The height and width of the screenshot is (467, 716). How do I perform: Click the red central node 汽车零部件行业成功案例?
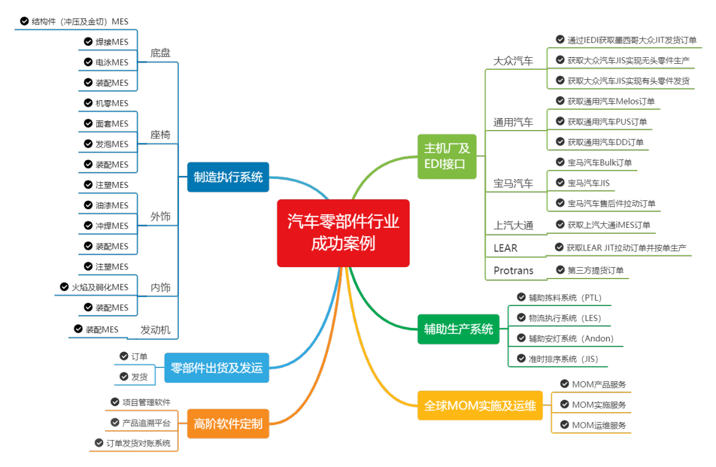click(x=343, y=233)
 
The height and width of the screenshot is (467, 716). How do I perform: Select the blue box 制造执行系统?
click(x=228, y=177)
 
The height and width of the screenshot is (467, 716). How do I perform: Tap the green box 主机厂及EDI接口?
click(x=447, y=156)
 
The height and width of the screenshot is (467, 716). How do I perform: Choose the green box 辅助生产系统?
click(x=458, y=329)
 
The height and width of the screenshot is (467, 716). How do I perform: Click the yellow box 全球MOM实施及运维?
click(x=480, y=406)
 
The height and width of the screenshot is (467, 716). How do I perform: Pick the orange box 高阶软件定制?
click(x=228, y=424)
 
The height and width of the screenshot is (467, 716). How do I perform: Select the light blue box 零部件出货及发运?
click(x=217, y=368)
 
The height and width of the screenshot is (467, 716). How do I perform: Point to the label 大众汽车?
click(x=513, y=61)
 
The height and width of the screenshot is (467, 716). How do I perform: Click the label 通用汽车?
click(x=513, y=123)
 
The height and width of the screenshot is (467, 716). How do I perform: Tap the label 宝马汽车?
click(x=513, y=184)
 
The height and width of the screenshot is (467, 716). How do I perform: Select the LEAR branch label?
click(x=505, y=248)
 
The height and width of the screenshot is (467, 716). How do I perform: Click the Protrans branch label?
click(x=513, y=271)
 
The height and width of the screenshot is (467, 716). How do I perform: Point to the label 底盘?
click(x=160, y=53)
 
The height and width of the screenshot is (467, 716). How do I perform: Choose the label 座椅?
click(x=160, y=135)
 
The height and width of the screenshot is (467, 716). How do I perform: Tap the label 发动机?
click(x=155, y=330)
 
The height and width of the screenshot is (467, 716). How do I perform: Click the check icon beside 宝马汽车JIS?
click(x=560, y=183)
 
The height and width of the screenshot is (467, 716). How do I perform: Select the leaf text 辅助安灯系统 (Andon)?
click(x=570, y=339)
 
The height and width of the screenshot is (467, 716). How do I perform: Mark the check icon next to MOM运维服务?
click(x=564, y=425)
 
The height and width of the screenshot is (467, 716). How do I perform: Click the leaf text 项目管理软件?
click(x=146, y=403)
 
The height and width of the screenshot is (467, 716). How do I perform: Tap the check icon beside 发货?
click(x=124, y=376)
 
